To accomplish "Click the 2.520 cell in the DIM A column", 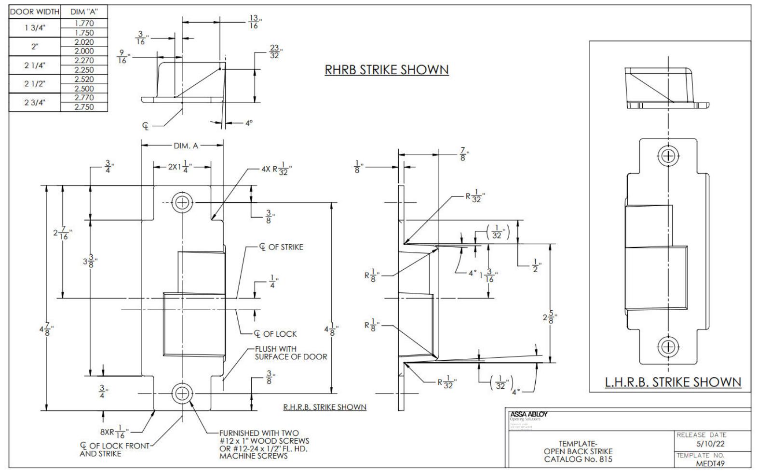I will (x=84, y=79).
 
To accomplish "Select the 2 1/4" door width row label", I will (x=35, y=65).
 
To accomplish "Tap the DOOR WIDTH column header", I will (x=35, y=12).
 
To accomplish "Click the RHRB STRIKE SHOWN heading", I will (x=386, y=70).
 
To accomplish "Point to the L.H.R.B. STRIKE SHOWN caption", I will (x=673, y=382).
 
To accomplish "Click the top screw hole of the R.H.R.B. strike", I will (x=182, y=203).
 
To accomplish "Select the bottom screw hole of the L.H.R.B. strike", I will (x=668, y=346).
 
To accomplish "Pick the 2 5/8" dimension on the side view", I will (x=549, y=318).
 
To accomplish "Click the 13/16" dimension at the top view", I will (x=254, y=22).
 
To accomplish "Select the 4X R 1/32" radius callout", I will (x=276, y=170).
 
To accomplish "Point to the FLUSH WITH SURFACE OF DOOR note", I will (x=290, y=353).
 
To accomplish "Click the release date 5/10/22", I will (x=711, y=444).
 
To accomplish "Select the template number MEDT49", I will (x=710, y=464).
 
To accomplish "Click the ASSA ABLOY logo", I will (x=528, y=414).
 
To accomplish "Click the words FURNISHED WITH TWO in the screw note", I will (x=259, y=433).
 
